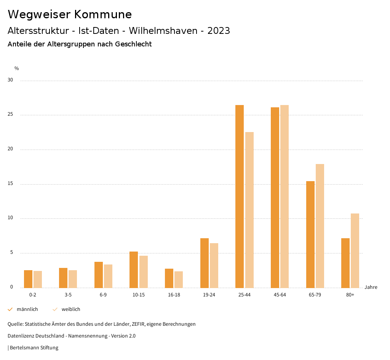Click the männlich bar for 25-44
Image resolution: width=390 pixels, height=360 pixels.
[240, 196]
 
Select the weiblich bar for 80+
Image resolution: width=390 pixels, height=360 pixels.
[355, 250]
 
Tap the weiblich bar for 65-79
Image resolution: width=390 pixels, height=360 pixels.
[320, 226]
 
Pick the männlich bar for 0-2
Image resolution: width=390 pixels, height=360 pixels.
[28, 279]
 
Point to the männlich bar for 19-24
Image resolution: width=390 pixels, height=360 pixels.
[205, 263]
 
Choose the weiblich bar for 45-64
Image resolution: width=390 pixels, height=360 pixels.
[285, 196]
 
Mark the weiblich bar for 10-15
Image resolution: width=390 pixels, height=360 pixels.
[144, 272]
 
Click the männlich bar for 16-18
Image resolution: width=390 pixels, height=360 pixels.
[169, 278]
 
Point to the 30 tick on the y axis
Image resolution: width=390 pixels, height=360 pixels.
[10, 80]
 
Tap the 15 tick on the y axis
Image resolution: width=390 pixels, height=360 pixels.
[10, 184]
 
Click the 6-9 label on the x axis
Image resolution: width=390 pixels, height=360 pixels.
[103, 295]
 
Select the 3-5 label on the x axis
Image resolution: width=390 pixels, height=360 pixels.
[68, 295]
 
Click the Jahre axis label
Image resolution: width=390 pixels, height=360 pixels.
[371, 287]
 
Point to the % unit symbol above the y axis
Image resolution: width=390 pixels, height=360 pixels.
[17, 68]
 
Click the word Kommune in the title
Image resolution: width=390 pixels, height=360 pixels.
[103, 14]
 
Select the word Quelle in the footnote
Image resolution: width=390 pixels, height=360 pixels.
[15, 324]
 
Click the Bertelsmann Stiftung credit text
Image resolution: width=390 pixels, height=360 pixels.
[34, 348]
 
